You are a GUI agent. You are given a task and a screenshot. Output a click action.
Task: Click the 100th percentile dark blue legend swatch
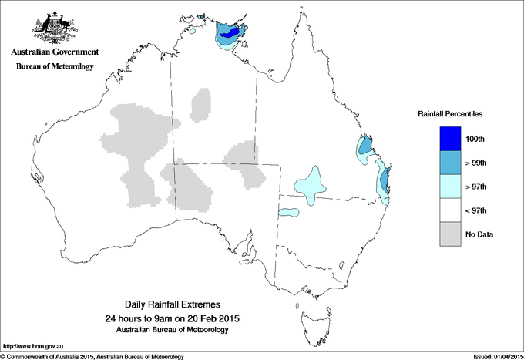[x=452, y=139]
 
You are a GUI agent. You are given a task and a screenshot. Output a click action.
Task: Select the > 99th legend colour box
[x=452, y=163]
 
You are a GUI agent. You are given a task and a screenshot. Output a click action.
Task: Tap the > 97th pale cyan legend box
[x=452, y=187]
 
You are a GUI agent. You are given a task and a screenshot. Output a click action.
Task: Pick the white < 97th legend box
[x=452, y=210]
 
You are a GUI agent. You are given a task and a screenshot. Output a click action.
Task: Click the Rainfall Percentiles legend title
[x=450, y=113]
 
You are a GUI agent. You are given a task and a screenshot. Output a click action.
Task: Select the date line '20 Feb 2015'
[x=171, y=318]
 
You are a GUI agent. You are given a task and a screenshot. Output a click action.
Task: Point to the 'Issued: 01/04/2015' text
[x=492, y=356]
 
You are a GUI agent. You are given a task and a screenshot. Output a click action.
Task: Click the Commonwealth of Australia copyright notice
[x=92, y=356]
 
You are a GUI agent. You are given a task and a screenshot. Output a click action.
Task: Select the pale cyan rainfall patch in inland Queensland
[x=310, y=185]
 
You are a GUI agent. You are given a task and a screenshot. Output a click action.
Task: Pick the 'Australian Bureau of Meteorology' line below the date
[x=171, y=330]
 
